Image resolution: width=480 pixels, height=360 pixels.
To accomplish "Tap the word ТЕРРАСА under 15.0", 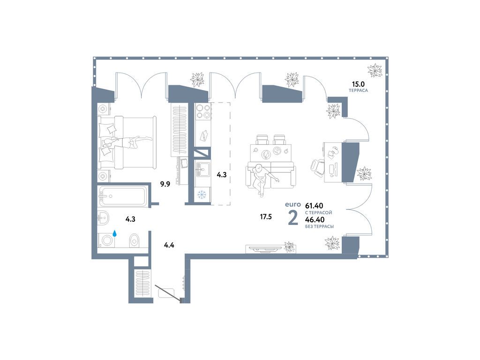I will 358,91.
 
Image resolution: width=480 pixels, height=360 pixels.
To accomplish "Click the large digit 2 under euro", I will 293,218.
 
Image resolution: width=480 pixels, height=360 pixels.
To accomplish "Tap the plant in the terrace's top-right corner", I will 375,70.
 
